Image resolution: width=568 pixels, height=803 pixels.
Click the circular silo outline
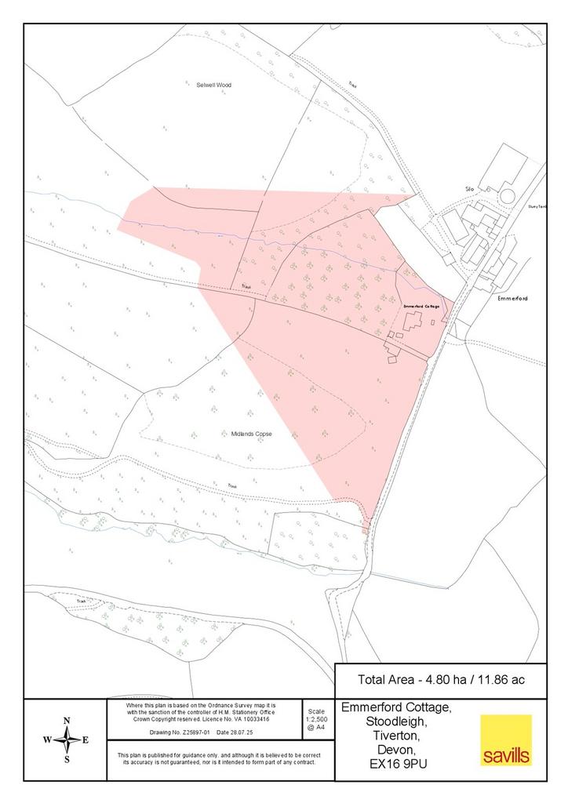[x=508, y=194]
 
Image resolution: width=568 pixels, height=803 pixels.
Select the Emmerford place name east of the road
[x=512, y=298]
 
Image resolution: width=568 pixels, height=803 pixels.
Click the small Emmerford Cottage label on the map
[x=421, y=306]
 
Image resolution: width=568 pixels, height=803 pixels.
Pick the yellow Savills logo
[x=506, y=739]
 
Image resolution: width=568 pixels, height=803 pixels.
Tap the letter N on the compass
[x=67, y=721]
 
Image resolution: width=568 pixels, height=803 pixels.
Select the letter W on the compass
[x=47, y=739]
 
